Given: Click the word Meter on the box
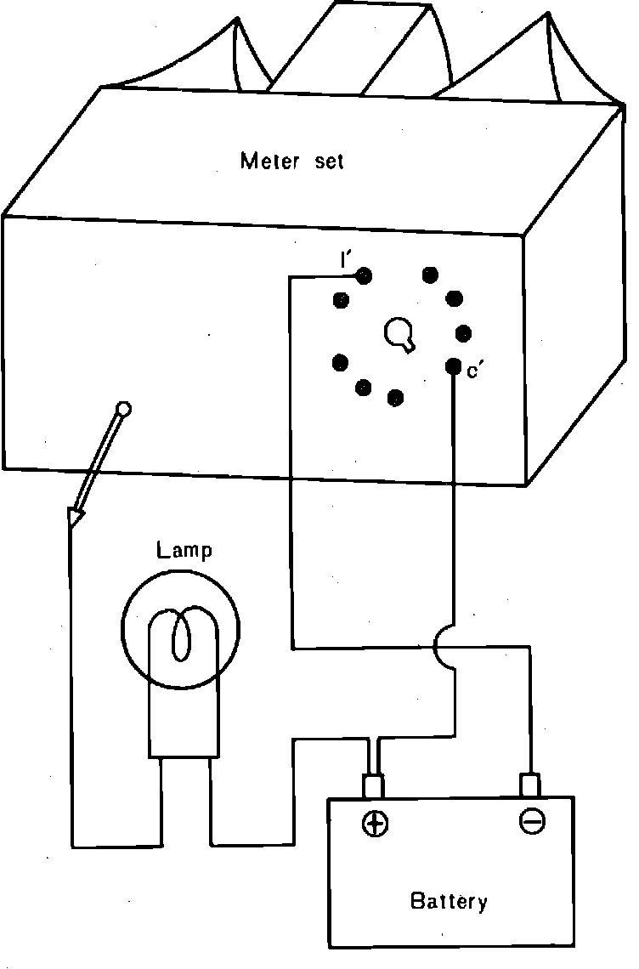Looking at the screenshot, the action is [270, 161].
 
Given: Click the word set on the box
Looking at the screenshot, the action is [330, 161].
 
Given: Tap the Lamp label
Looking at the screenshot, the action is [184, 549].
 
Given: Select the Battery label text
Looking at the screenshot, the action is [449, 900].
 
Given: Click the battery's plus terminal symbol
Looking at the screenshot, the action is [375, 823].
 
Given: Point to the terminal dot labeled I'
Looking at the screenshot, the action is [364, 275].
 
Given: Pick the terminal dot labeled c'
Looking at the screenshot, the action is [453, 365].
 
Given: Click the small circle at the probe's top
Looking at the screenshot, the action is [123, 409].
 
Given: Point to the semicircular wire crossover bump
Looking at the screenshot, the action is [445, 648].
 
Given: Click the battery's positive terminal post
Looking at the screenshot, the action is [374, 787].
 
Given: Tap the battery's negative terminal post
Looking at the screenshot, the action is [530, 785].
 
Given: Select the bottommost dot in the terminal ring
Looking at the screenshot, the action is [395, 397].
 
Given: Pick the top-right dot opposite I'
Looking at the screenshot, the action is [431, 275].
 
